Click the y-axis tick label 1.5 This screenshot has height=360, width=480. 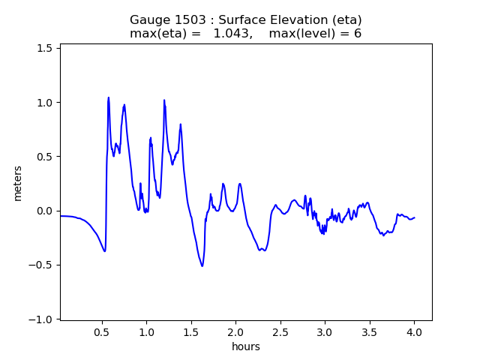tap(46, 48)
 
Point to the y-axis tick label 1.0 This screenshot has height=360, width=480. tap(46, 103)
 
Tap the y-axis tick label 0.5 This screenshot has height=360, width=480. tap(46, 157)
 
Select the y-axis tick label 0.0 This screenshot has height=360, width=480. tap(46, 211)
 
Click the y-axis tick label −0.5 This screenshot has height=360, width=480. tap(43, 265)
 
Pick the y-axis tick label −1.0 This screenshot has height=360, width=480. tap(43, 319)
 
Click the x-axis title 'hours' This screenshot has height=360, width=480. tap(246, 346)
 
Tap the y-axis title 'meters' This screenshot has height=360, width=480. tap(18, 183)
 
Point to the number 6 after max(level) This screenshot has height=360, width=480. tap(358, 34)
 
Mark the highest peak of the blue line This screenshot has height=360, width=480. tap(109, 97)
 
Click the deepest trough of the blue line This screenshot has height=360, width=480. tap(202, 265)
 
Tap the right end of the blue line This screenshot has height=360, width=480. tap(414, 217)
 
